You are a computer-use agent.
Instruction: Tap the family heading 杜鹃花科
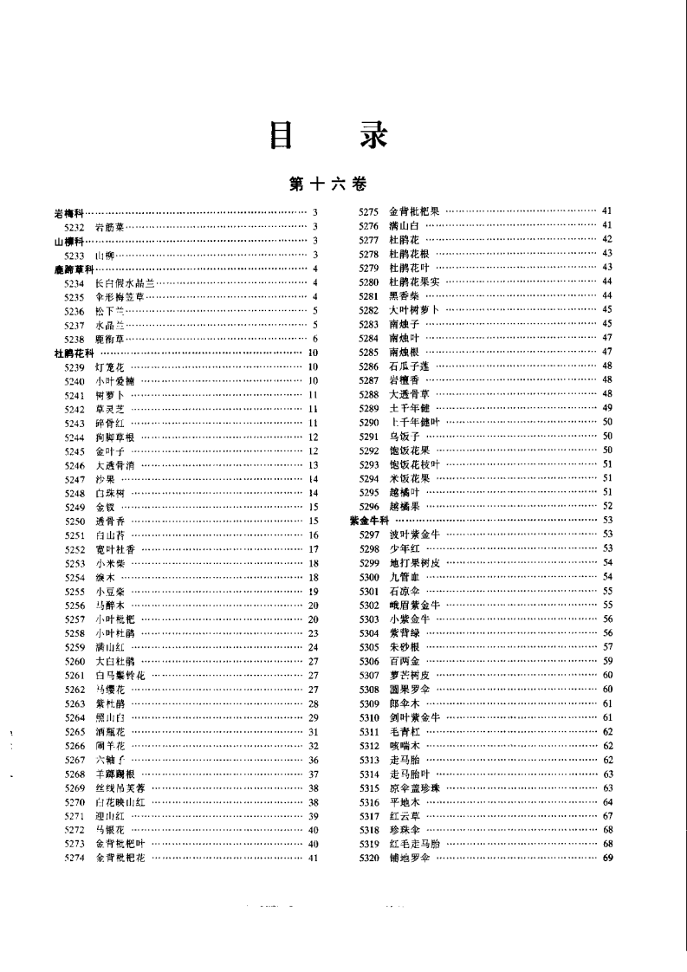pyautogui.click(x=70, y=353)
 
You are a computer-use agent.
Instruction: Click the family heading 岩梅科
pyautogui.click(x=68, y=212)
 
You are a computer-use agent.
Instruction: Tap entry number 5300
pyautogui.click(x=370, y=576)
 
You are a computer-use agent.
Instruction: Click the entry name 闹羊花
pyautogui.click(x=110, y=746)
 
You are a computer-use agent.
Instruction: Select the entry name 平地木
pyautogui.click(x=404, y=801)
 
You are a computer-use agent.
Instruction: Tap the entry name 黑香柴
pyautogui.click(x=404, y=295)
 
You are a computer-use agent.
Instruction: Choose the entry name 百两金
pyautogui.click(x=404, y=661)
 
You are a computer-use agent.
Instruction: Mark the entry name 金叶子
pyautogui.click(x=110, y=450)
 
